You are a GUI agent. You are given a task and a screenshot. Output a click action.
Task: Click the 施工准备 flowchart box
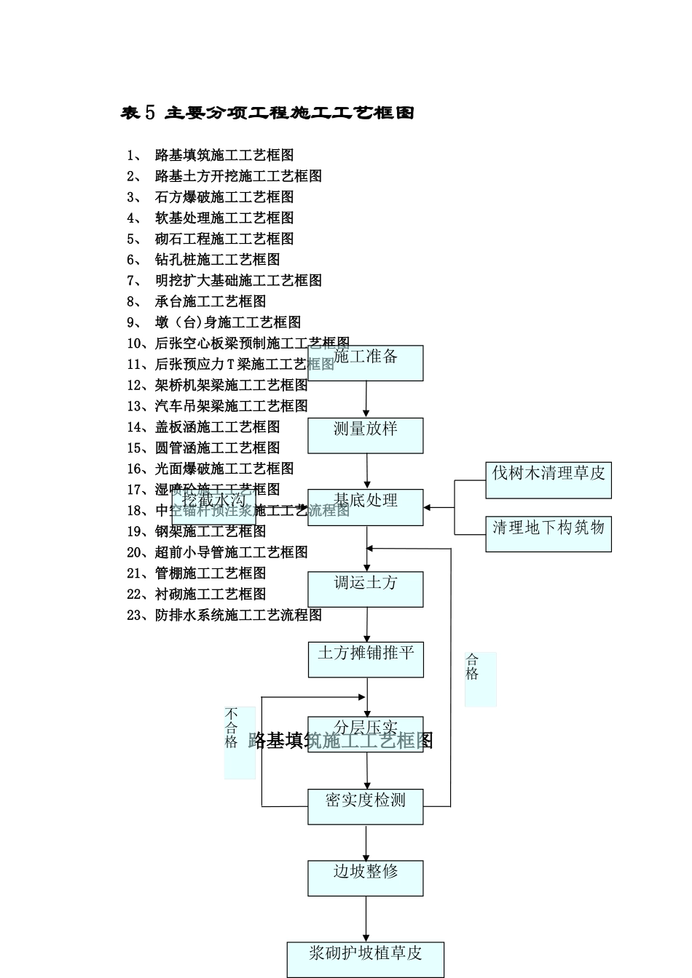coord(365,363)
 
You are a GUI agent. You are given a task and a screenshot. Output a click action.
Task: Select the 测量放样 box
coord(365,435)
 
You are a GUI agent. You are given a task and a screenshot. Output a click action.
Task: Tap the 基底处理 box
coord(365,507)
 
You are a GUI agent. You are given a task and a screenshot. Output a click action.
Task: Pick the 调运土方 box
coord(365,589)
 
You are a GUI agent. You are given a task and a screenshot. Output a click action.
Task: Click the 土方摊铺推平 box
coord(365,659)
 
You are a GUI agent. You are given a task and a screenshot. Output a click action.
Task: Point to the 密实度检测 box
coord(365,807)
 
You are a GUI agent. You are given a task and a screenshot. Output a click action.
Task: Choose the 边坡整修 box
coord(365,878)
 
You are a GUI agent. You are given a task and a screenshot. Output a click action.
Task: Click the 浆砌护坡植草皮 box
coord(365,960)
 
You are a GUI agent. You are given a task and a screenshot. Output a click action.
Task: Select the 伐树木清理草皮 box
coord(548,480)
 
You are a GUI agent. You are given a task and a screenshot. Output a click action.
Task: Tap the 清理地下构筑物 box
coord(548,534)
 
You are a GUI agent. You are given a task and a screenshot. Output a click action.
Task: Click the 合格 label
coord(480,679)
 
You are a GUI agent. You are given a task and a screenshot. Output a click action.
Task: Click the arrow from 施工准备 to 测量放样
coord(366,399)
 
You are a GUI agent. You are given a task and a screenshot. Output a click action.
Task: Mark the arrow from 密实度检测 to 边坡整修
coord(366,843)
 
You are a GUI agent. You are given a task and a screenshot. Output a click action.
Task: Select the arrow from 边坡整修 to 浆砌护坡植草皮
coord(366,919)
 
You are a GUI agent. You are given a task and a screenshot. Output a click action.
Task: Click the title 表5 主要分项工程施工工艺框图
coord(267,113)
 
